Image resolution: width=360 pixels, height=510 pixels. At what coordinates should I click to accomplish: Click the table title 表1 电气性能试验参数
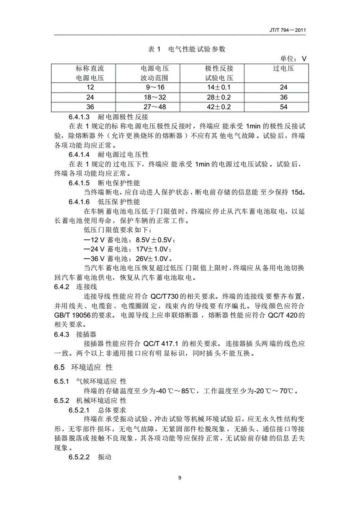[x=187, y=49]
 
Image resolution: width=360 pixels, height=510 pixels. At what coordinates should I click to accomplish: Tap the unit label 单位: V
[x=293, y=59]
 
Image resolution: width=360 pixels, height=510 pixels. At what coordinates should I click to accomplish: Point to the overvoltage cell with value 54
[x=283, y=107]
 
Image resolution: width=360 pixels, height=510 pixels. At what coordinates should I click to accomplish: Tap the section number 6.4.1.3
[x=80, y=117]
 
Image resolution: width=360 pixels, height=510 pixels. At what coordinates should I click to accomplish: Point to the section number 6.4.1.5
[x=80, y=183]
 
